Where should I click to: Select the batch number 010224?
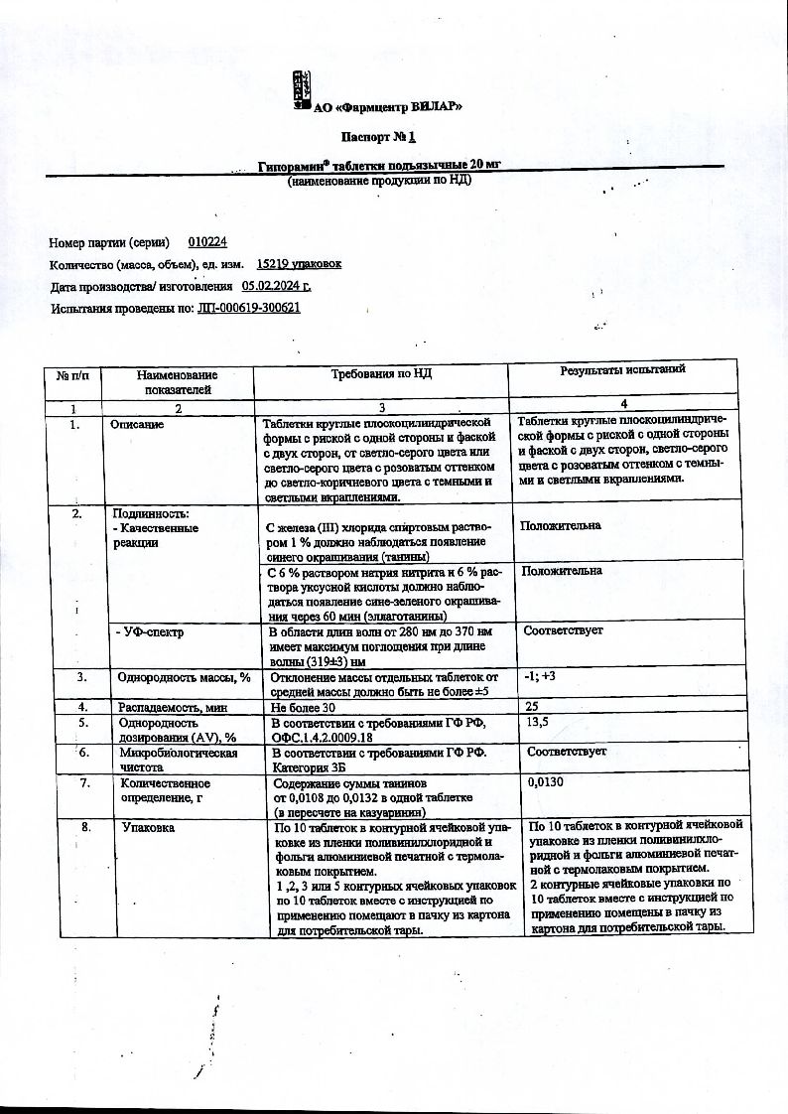(x=207, y=242)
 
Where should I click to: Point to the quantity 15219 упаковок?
(x=298, y=264)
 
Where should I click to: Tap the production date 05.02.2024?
(x=276, y=286)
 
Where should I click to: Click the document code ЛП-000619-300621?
(x=249, y=308)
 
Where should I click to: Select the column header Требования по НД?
(x=381, y=372)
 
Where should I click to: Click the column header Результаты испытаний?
(x=622, y=370)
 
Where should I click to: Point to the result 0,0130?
(x=546, y=782)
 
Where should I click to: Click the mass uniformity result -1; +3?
(x=538, y=677)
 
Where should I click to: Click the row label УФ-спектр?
(x=149, y=631)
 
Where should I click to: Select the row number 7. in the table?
(x=85, y=783)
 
